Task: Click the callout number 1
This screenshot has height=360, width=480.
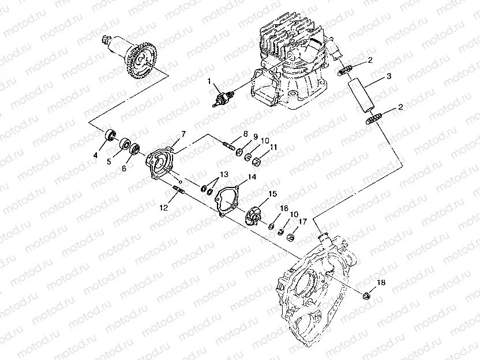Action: click(209, 81)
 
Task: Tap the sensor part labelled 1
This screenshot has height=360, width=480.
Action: click(223, 99)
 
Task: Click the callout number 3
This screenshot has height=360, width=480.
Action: click(389, 76)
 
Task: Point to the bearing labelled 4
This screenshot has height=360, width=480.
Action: click(110, 136)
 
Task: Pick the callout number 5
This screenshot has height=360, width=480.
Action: click(109, 162)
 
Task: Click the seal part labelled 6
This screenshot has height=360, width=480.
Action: click(135, 149)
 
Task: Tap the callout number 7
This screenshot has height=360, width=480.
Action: click(183, 134)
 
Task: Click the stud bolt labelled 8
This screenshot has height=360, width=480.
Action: click(228, 145)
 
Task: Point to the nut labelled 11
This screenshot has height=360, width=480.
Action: click(256, 161)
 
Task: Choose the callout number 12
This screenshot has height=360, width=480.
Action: click(164, 208)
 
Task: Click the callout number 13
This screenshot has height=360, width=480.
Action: click(224, 174)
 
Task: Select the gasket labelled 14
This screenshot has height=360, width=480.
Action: click(227, 201)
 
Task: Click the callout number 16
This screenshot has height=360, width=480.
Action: click(284, 208)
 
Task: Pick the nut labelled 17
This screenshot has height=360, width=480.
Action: click(291, 237)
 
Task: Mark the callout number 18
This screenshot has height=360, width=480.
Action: click(381, 283)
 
